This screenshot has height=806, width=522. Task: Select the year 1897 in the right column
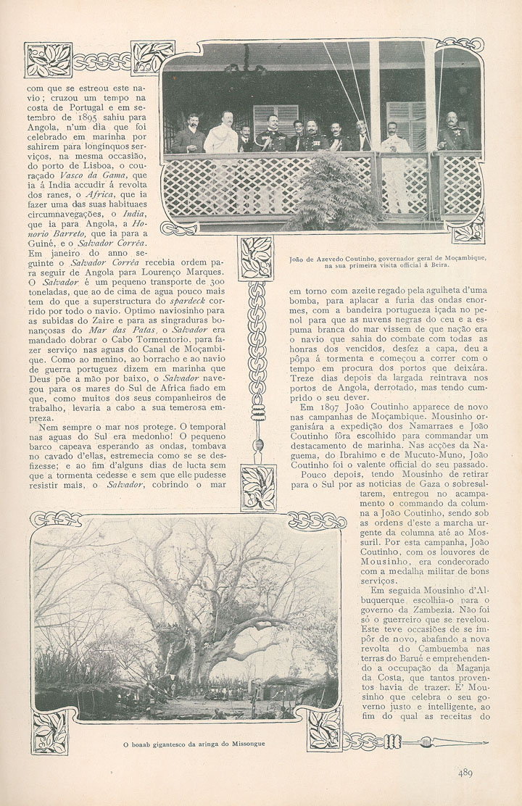(x=314, y=407)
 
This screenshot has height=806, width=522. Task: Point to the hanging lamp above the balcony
(x=245, y=67)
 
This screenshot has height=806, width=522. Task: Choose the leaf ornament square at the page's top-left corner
(x=48, y=59)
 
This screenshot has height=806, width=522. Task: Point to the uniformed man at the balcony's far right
(x=453, y=134)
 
